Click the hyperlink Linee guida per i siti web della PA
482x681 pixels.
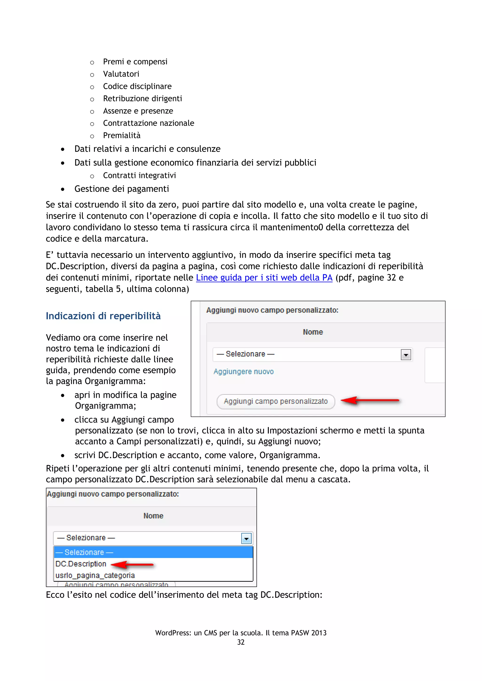click(264, 278)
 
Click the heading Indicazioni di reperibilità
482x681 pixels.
click(103, 316)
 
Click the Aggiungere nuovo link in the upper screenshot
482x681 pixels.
click(243, 371)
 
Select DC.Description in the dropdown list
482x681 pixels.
click(81, 564)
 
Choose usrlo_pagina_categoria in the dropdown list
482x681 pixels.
click(95, 575)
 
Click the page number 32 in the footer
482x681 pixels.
click(241, 642)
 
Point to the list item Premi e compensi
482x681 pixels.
click(135, 62)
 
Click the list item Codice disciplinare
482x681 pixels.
click(137, 86)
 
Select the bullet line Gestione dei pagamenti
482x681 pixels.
click(121, 189)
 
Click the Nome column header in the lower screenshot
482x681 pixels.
click(153, 516)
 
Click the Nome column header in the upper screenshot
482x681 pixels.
click(313, 332)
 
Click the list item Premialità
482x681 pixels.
click(122, 135)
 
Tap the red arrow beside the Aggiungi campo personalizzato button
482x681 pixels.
click(370, 400)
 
